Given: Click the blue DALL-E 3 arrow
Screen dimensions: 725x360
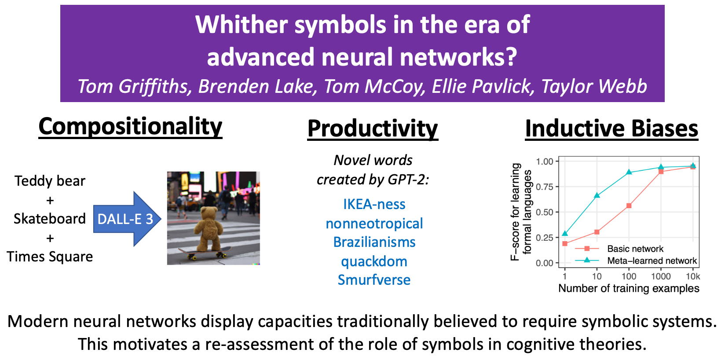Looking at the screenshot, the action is (127, 219).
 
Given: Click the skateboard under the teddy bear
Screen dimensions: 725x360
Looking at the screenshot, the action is (205, 253).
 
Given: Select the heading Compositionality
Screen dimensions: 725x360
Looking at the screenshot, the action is (130, 127).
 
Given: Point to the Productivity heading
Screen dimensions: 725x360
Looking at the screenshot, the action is (373, 129).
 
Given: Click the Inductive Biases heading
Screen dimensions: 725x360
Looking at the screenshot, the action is (611, 129).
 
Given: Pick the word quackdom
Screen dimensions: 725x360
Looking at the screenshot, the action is (374, 261).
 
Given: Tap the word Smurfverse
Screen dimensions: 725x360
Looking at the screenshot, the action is (374, 280).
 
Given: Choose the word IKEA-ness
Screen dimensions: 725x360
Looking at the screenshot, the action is (374, 204).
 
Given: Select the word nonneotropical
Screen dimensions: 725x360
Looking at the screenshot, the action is (374, 224).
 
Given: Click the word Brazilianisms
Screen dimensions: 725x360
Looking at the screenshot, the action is (374, 242).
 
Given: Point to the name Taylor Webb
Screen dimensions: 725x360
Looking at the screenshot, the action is (594, 86).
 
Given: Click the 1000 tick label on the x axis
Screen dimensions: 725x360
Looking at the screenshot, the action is (661, 276).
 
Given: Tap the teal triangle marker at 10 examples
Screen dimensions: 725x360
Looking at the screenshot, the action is (597, 195).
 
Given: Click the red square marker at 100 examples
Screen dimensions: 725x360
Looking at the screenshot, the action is (629, 206).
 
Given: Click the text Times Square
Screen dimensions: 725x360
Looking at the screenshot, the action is (50, 257).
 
